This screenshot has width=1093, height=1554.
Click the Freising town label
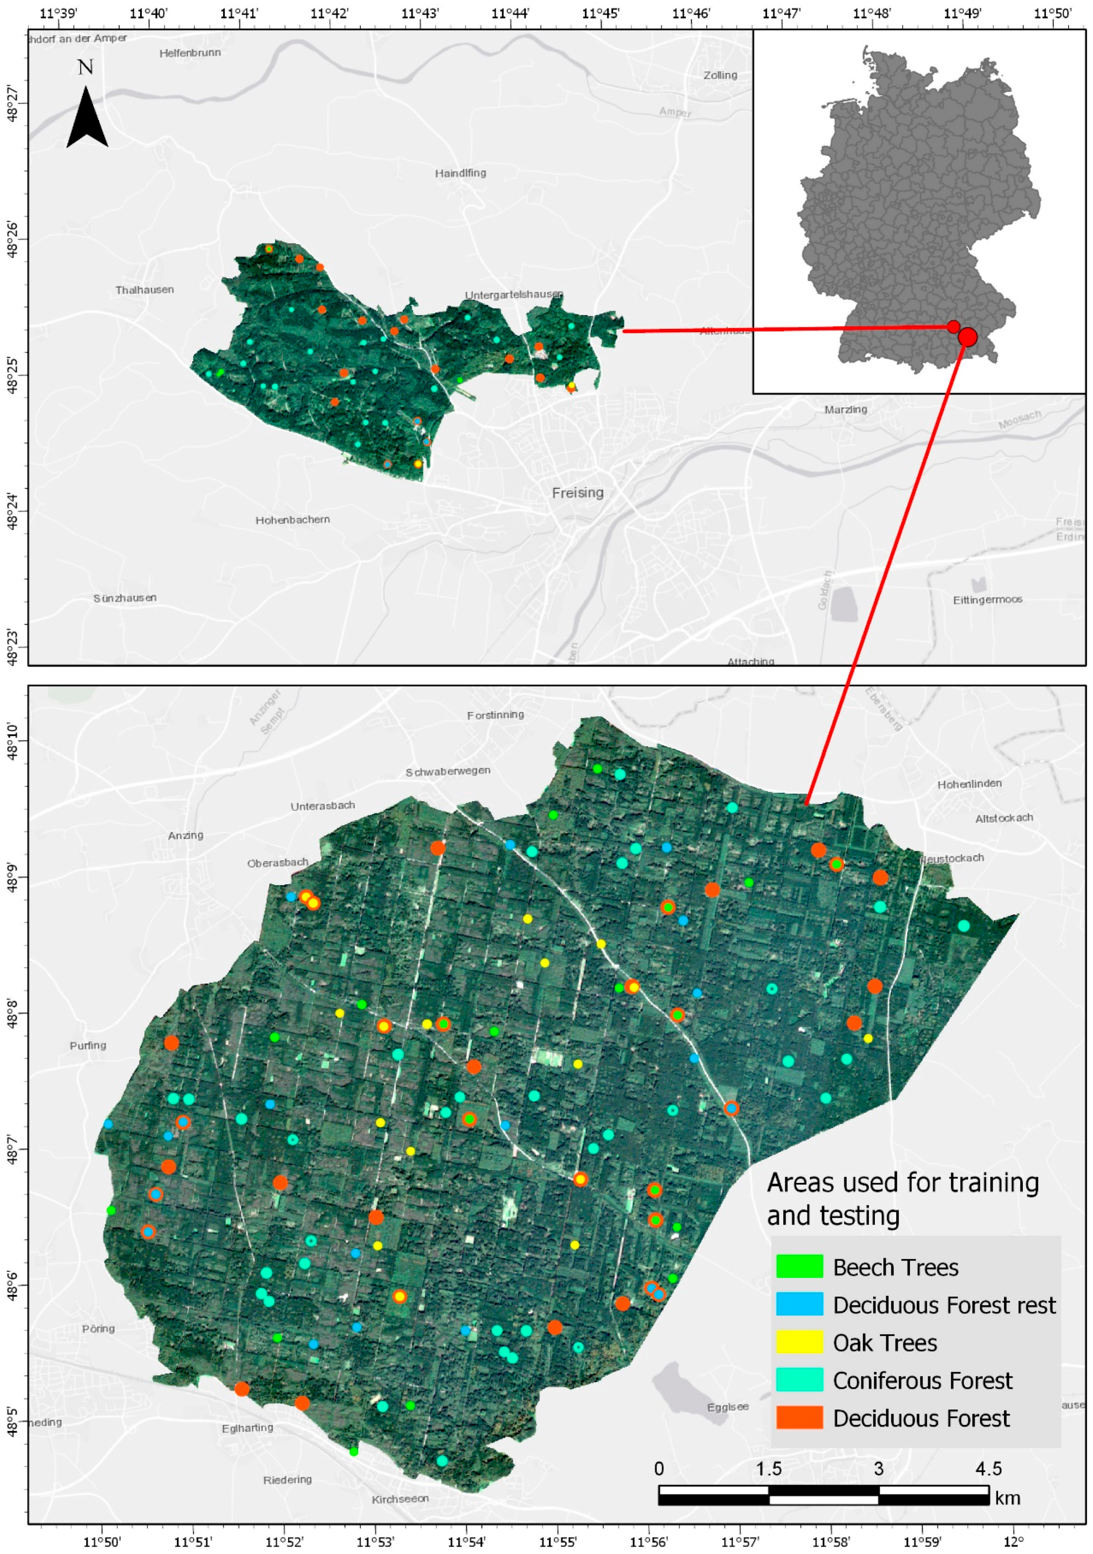[x=578, y=493]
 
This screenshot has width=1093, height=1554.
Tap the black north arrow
[x=87, y=118]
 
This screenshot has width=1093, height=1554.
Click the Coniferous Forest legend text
[x=922, y=1380]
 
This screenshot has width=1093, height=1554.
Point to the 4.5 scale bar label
[x=988, y=1469]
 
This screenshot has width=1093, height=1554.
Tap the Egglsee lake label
[x=728, y=1407]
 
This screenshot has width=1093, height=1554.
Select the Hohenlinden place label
[x=969, y=784]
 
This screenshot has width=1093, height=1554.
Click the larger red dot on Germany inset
[x=968, y=336]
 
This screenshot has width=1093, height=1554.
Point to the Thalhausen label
[x=144, y=290]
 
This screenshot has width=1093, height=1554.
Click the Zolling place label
[x=720, y=75]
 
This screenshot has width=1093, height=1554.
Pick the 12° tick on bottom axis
[x=1013, y=1542]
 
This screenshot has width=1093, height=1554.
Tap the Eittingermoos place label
[x=987, y=600]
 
